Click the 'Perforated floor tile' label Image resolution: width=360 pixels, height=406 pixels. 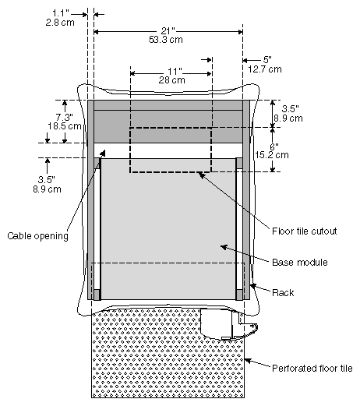pos(312,369)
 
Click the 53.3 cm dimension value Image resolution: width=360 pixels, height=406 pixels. pos(165,37)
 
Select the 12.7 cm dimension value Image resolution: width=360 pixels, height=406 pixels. pos(266,69)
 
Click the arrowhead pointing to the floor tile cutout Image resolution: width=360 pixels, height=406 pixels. pos(201,175)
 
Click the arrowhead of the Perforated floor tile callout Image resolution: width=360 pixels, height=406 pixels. pos(246,359)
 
